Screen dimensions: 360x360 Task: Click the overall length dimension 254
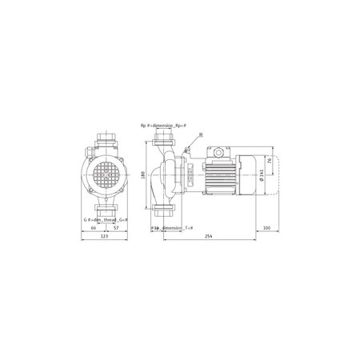click(x=208, y=236)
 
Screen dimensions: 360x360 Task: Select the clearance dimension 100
click(x=266, y=227)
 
